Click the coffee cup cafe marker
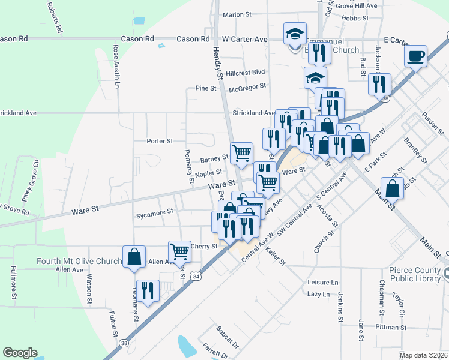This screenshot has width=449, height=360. [x=415, y=57]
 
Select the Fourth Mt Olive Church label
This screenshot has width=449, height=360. [x=79, y=261]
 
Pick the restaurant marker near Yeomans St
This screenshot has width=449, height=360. [x=148, y=291]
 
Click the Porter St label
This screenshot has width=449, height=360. [x=160, y=141]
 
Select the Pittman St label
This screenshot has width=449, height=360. [x=391, y=328]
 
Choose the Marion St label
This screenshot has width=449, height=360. [x=237, y=14]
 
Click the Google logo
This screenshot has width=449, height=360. [x=20, y=353]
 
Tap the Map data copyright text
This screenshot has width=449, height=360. [x=423, y=355]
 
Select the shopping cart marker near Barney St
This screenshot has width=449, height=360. [x=241, y=153]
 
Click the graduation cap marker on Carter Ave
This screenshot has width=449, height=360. [x=295, y=34]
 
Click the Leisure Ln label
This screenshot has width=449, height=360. [x=323, y=282]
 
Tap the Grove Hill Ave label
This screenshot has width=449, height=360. [x=357, y=5]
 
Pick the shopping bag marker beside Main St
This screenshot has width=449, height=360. [x=392, y=188]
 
